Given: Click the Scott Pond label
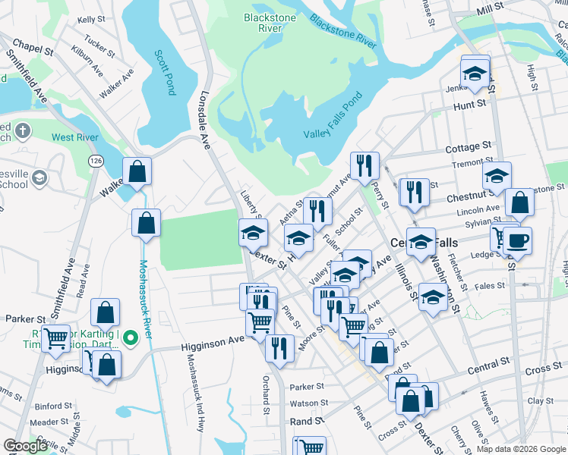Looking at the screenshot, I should pyautogui.click(x=165, y=73).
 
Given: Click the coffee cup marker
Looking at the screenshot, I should pyautogui.click(x=518, y=241).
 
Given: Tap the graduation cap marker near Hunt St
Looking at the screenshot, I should pyautogui.click(x=475, y=74).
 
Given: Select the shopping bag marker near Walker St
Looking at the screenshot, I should pyautogui.click(x=137, y=172).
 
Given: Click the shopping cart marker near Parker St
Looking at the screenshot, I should pyautogui.click(x=55, y=338).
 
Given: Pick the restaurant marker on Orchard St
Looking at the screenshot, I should pyautogui.click(x=279, y=347).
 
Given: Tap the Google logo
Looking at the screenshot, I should pyautogui.click(x=25, y=445).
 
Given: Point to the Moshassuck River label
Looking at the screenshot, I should pyautogui.click(x=144, y=303).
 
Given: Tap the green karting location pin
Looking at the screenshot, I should pyautogui.click(x=130, y=336).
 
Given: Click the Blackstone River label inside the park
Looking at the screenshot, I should pyautogui.click(x=260, y=22).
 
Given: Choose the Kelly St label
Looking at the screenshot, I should pyautogui.click(x=90, y=19).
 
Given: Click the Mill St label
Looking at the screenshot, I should pyautogui.click(x=489, y=6).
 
